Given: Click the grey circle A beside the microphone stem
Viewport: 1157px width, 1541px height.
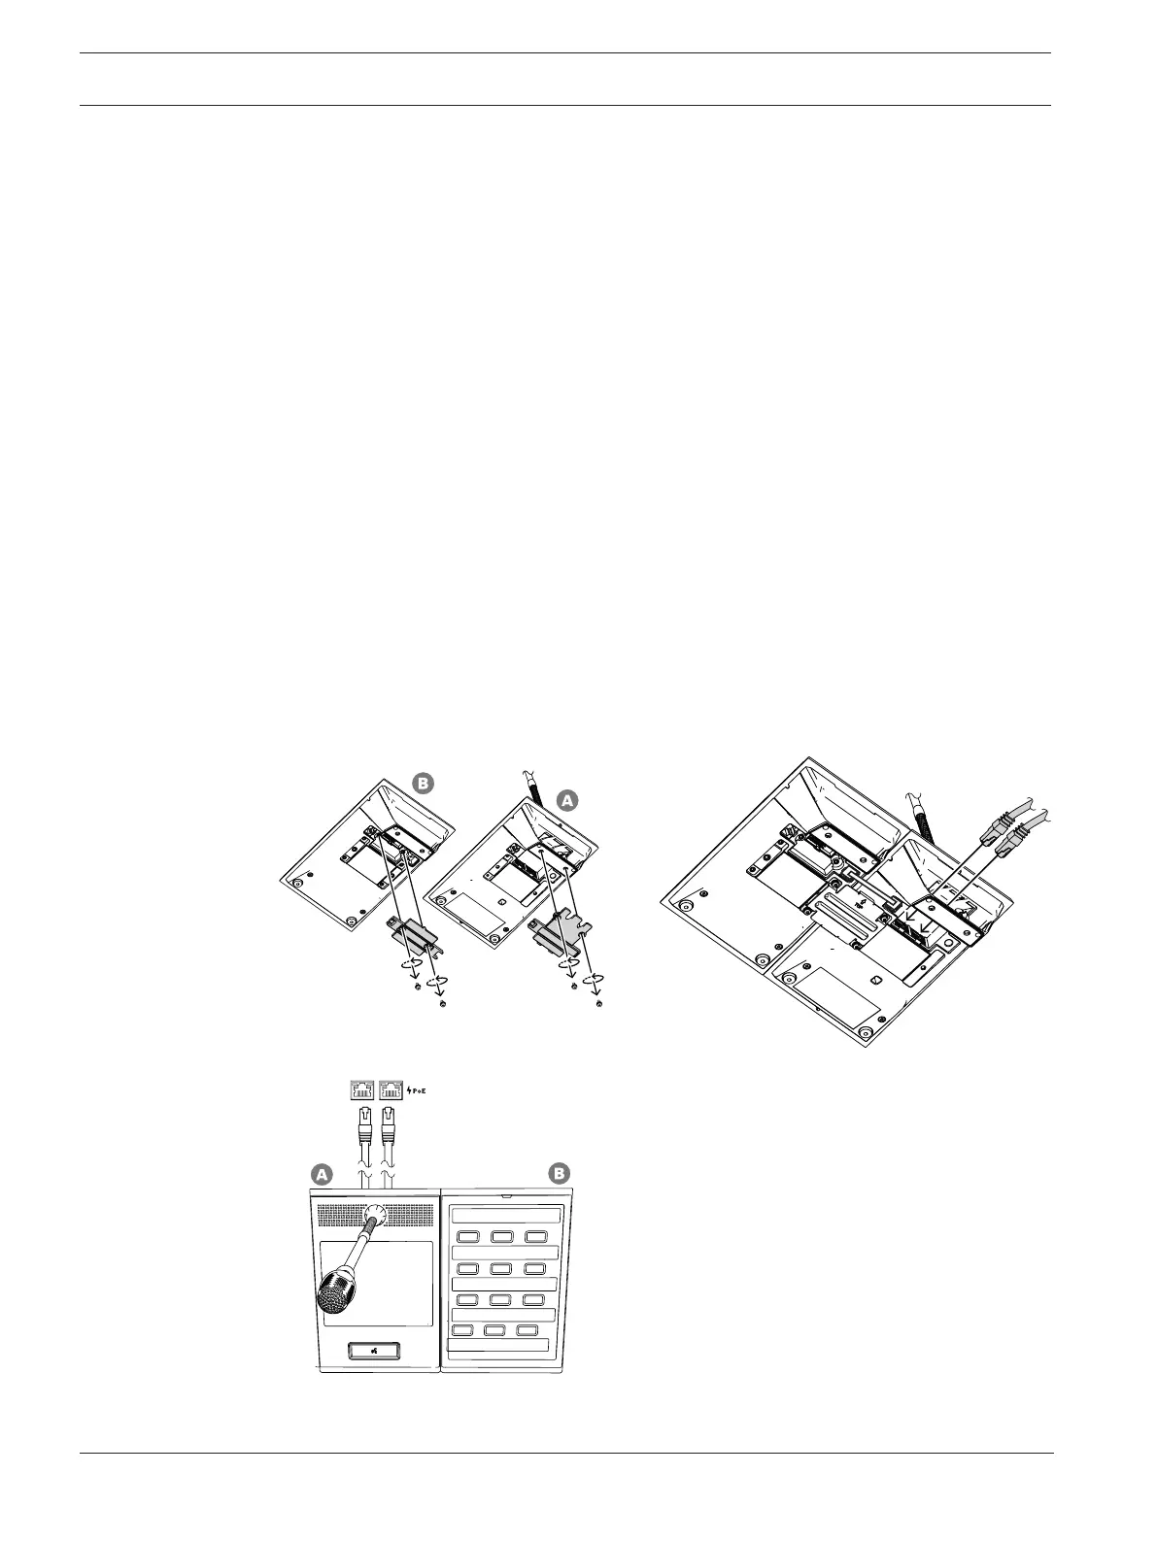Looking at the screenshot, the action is tap(567, 799).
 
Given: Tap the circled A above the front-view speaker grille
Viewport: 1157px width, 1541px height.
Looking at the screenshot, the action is tap(322, 1174).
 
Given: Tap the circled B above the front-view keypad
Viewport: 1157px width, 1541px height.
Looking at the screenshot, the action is tap(560, 1174).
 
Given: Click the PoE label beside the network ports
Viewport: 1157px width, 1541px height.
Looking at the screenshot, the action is tap(414, 1089).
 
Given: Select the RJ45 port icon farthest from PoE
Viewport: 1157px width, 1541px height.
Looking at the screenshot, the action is tap(362, 1089).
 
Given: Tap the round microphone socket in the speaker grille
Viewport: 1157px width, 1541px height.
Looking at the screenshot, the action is tap(375, 1216).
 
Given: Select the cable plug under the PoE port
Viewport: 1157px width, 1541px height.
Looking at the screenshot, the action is tap(389, 1130).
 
